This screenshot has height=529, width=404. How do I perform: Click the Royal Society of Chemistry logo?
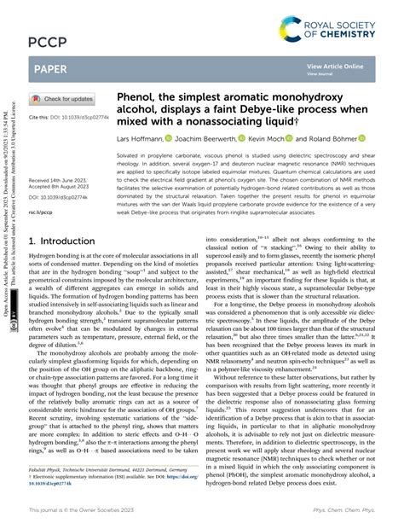(x=345, y=22)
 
